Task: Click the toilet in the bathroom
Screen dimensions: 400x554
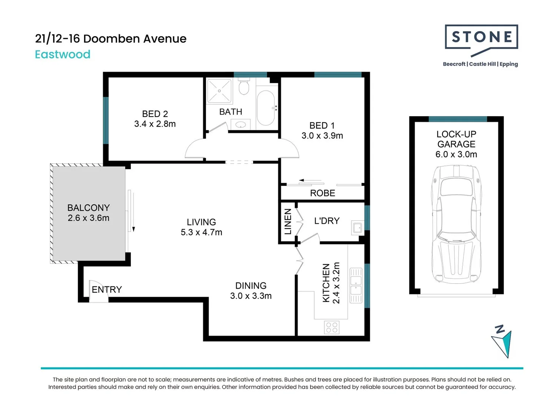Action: tap(243, 87)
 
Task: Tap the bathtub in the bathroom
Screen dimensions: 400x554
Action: tap(266, 108)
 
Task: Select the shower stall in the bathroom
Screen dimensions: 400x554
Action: tap(219, 91)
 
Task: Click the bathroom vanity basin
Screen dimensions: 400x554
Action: tap(240, 125)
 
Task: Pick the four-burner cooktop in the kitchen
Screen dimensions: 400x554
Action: tap(332, 327)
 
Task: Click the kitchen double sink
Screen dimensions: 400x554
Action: tap(356, 285)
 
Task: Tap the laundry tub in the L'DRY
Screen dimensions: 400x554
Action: tap(358, 228)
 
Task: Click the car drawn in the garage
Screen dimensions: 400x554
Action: tap(456, 224)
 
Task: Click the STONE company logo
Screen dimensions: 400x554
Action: tap(481, 39)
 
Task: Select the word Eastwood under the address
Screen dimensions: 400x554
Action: tap(63, 54)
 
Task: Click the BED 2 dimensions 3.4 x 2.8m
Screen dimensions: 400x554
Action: tap(155, 124)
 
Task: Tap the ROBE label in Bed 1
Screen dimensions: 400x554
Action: tap(322, 193)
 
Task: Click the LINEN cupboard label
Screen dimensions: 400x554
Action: tap(288, 221)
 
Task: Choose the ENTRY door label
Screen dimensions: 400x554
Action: tap(107, 290)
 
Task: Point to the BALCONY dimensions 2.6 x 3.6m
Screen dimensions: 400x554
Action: tap(89, 218)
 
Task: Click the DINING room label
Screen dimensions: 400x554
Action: tap(251, 286)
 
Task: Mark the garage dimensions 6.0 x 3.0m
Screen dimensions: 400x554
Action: tap(456, 154)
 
